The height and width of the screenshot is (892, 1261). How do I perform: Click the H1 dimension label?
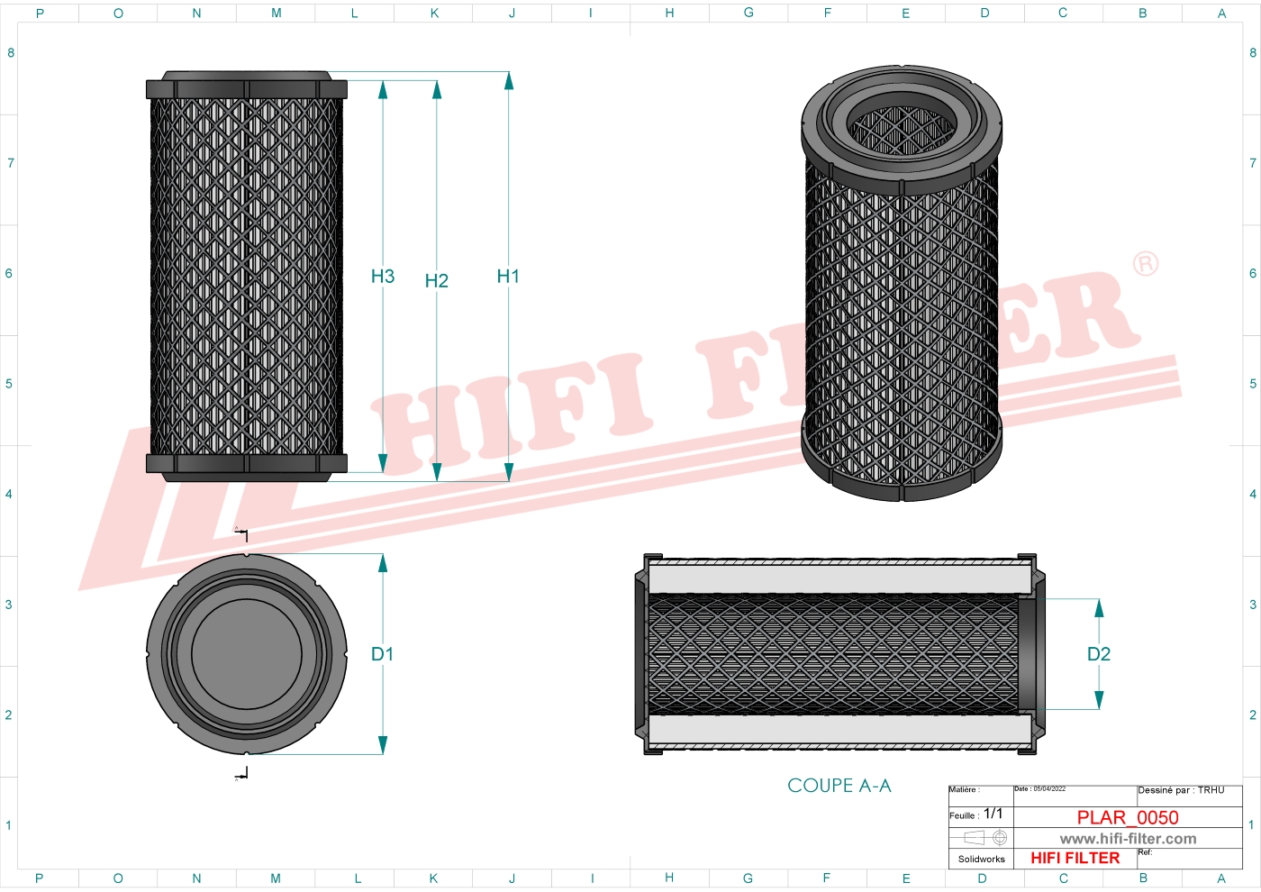pos(508,277)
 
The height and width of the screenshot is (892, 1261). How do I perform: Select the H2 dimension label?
pos(436,281)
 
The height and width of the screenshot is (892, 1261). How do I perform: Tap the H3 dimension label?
pos(383,277)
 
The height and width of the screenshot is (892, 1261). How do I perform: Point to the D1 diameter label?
pos(382,654)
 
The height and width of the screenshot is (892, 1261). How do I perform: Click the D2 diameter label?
pos(1098,654)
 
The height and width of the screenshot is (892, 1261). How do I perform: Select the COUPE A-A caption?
pos(839,786)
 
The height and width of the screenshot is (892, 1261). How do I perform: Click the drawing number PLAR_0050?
pos(1127,817)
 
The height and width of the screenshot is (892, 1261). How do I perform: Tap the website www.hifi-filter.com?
pos(1128,839)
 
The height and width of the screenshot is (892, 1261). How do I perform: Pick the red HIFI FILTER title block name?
pos(1075,859)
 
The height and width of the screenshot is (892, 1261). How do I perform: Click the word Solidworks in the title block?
pos(981,860)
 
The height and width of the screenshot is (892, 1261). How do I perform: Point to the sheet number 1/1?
pos(993,814)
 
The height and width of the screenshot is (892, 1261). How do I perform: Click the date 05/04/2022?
pos(1049,789)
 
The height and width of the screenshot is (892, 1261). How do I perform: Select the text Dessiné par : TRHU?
pos(1181,790)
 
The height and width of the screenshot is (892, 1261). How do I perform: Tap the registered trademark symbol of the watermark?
pos(1145,263)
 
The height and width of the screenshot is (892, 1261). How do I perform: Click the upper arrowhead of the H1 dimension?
pos(509,81)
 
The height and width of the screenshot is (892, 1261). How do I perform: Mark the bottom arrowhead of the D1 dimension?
pos(383,745)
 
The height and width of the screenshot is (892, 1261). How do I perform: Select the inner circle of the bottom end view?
pos(246,654)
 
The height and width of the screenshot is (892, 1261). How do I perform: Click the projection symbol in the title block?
pos(985,838)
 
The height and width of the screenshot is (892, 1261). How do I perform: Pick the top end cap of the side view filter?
pos(246,86)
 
